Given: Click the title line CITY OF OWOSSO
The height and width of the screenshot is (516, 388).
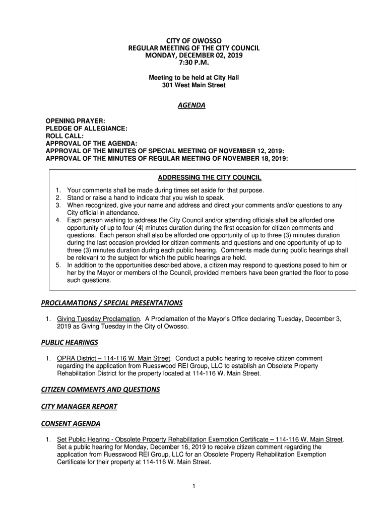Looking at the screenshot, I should click(194, 40).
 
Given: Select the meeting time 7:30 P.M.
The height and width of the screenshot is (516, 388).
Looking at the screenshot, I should click(194, 64).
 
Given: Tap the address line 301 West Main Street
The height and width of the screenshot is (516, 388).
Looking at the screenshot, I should click(194, 86).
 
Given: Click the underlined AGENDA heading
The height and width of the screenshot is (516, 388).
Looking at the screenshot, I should click(193, 106).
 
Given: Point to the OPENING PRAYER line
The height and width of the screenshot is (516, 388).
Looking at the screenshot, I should click(76, 121).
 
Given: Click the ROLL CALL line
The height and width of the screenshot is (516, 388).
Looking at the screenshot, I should click(64, 136).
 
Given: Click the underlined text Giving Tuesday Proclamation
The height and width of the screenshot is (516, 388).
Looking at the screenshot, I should click(98, 319).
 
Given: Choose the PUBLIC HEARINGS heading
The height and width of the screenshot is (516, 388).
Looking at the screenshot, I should click(70, 343).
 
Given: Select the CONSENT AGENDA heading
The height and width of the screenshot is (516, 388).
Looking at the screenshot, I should click(71, 423).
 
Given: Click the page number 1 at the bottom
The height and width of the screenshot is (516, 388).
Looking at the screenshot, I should click(194, 486).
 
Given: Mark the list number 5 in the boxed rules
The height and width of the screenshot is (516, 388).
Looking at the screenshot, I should click(58, 265).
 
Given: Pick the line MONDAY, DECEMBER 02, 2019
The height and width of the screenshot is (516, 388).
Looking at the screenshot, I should click(194, 56).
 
